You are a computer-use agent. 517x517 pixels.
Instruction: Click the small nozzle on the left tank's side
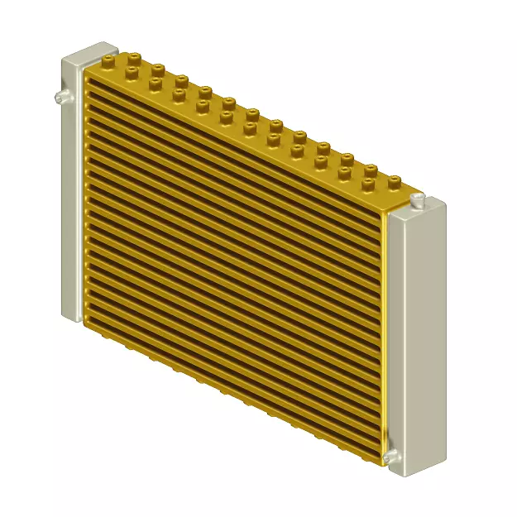click(x=59, y=98)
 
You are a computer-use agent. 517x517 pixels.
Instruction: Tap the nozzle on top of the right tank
click(x=419, y=199)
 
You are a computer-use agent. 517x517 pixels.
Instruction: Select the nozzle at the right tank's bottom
click(x=389, y=456)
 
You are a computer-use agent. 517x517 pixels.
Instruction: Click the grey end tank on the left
click(x=71, y=190)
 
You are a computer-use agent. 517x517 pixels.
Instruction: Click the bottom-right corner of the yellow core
click(x=383, y=463)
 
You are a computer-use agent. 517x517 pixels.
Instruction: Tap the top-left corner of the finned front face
click(x=86, y=78)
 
